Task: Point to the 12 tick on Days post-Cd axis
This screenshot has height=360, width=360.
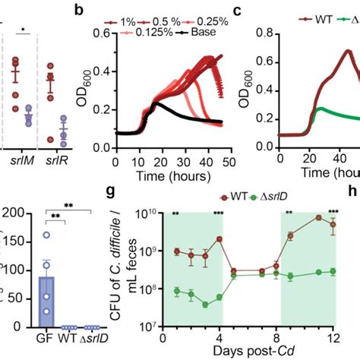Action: (331, 336)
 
